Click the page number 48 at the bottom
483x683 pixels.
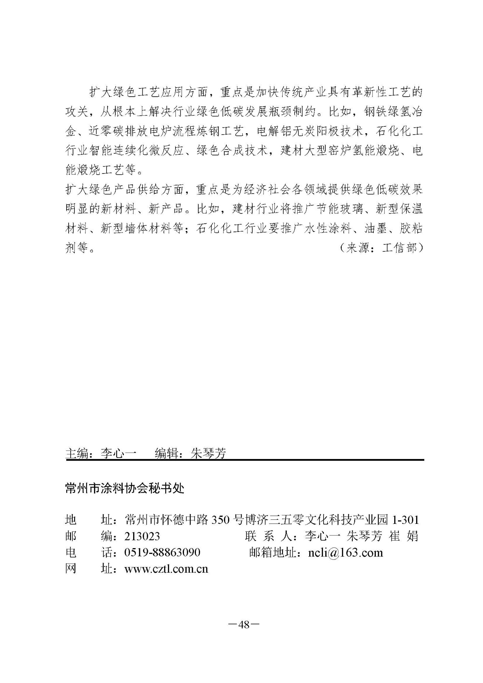click(244, 625)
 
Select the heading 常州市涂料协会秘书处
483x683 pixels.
click(125, 489)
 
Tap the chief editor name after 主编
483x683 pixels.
click(118, 453)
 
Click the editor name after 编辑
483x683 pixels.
click(208, 453)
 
